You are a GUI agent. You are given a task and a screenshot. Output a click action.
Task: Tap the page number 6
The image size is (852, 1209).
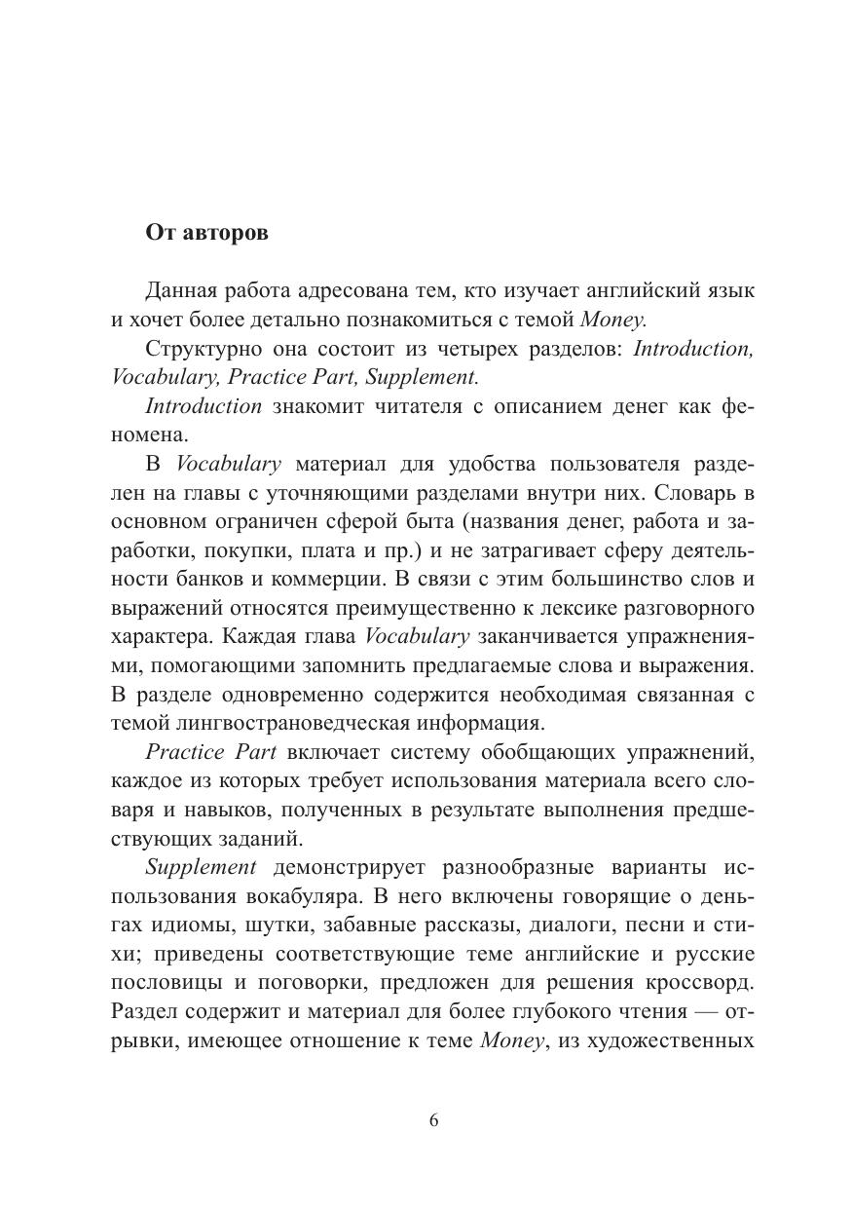pyautogui.click(x=433, y=1119)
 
